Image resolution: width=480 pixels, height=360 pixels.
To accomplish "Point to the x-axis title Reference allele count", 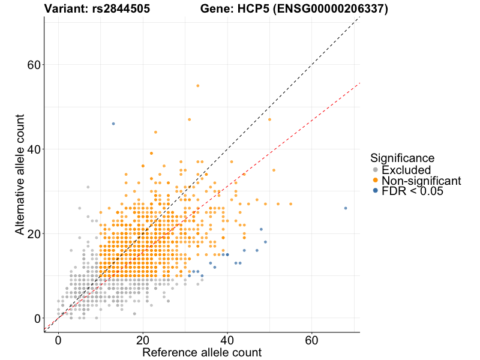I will pos(202,352).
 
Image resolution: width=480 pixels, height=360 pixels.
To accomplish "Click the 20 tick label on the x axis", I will pos(143,340).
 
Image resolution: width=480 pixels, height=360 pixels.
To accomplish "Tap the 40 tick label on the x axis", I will pos(227,340).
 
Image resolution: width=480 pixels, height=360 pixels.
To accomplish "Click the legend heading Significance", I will pos(402,158).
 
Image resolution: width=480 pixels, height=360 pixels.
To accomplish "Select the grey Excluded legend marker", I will pos(376,170).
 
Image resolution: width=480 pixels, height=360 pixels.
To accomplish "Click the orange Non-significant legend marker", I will pos(376,181).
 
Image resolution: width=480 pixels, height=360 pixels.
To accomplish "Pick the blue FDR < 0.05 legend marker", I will pos(376,191).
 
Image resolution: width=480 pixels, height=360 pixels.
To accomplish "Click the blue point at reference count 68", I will pos(346,208).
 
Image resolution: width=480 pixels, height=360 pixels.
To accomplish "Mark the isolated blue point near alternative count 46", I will pos(113,124).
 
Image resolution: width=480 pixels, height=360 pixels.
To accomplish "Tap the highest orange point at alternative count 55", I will pos(197,86).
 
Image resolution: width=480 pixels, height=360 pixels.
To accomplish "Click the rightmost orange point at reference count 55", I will pos(290,204).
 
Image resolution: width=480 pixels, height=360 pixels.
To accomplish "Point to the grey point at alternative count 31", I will pos(88,187).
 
